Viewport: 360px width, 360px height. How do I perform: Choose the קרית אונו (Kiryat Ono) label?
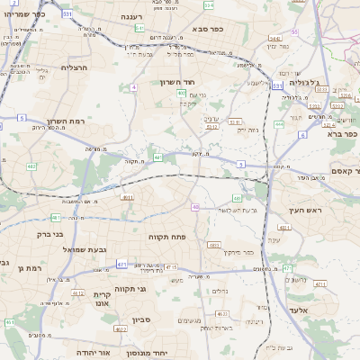tap(102, 299)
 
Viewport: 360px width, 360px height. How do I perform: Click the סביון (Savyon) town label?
tap(141, 319)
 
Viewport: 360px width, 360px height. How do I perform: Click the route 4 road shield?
tap(133, 87)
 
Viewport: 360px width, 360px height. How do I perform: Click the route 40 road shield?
tap(195, 207)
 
